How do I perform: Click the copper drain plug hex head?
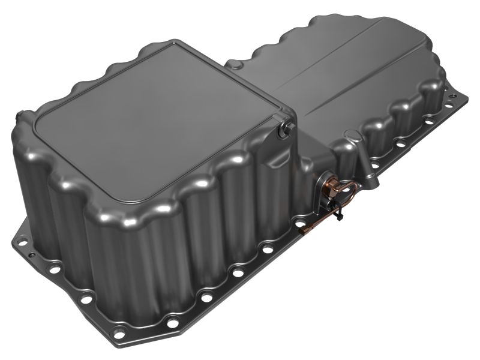328,184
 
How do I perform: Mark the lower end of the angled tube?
370,178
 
